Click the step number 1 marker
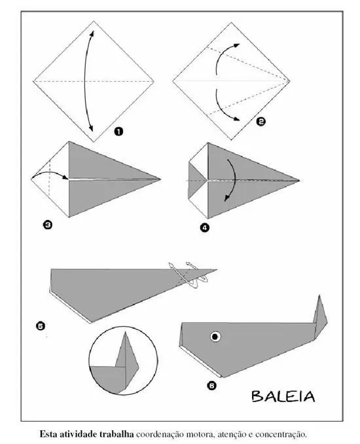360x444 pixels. click(x=118, y=132)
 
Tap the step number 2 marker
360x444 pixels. click(x=261, y=122)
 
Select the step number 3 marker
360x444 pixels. click(x=48, y=225)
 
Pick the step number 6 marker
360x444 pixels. click(x=211, y=386)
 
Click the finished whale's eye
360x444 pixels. click(x=214, y=337)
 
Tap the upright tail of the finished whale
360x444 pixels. click(x=319, y=314)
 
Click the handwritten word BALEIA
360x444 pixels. click(x=283, y=396)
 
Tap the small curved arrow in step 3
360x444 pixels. click(x=50, y=175)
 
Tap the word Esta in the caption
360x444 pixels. click(x=49, y=434)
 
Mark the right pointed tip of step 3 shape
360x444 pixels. click(x=161, y=177)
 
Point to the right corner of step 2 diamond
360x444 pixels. click(x=290, y=81)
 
